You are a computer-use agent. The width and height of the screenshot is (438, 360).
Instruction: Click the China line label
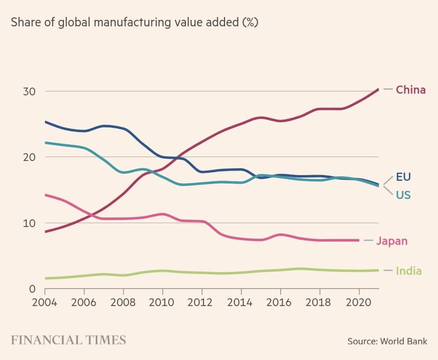pos(411,89)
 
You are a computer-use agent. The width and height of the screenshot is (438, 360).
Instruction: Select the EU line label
pos(403,177)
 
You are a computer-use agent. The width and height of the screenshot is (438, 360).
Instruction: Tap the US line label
pos(403,195)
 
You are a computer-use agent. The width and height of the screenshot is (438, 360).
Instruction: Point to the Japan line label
pos(391,240)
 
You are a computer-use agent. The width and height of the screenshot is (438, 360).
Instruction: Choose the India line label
pos(409,271)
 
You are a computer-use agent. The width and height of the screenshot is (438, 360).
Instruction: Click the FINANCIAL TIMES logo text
pos(68,340)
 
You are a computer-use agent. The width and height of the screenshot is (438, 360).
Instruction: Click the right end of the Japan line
pos(359,240)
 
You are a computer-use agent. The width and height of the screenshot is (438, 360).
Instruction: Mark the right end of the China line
pos(379,89)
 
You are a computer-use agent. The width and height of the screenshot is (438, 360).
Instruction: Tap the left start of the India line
pos(45,278)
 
